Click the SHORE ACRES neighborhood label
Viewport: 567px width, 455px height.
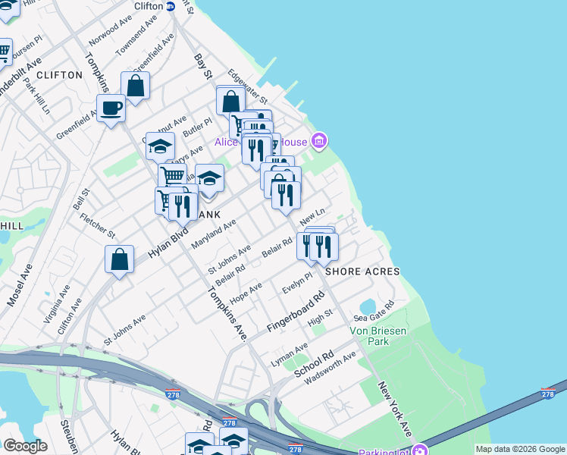coord(362,271)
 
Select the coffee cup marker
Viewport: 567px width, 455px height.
coord(111,108)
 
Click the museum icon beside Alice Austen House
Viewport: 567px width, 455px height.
coord(319,140)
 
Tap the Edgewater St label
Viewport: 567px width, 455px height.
coord(248,89)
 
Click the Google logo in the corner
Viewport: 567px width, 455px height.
coord(25,446)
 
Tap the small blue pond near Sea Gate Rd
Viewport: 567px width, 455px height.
coord(368,306)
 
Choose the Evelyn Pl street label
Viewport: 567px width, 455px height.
coord(296,287)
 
